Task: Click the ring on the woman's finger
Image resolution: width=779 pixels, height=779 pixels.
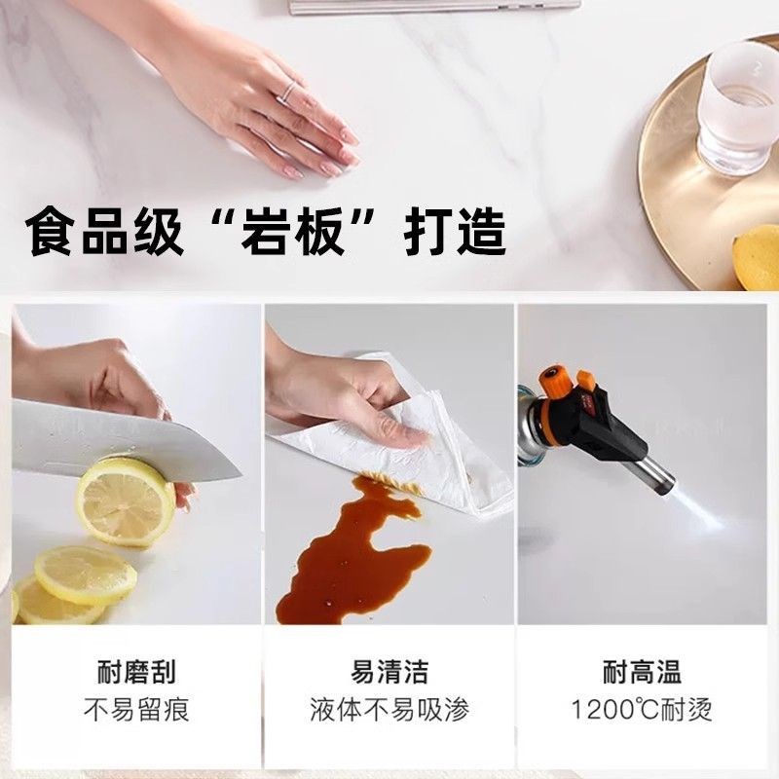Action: coord(289,93)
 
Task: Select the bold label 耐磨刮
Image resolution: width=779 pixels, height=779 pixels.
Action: coord(136,672)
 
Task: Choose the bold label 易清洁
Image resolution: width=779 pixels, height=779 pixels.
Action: coord(389,672)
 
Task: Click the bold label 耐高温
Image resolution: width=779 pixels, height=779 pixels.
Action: coord(643,672)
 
